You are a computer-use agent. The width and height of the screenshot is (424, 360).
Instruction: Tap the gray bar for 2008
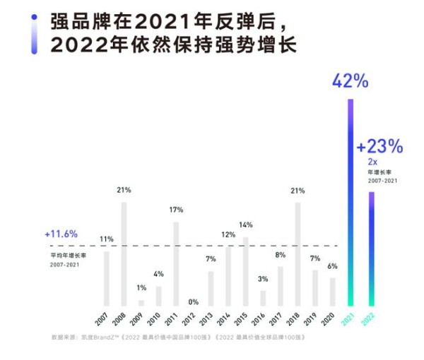[124, 253]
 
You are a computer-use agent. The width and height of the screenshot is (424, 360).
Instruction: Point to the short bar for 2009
[141, 302]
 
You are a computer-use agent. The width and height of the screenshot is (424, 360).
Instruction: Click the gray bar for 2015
[245, 270]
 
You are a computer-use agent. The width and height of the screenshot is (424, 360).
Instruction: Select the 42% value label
[351, 80]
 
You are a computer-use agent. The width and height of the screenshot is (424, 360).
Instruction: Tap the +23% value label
[379, 147]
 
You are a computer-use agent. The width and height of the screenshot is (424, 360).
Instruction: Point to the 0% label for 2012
[194, 301]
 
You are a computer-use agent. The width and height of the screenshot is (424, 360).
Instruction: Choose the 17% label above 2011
[176, 210]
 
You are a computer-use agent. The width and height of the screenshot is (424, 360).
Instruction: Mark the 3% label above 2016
[263, 280]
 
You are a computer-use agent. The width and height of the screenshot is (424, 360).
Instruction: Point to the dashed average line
[212, 246]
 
